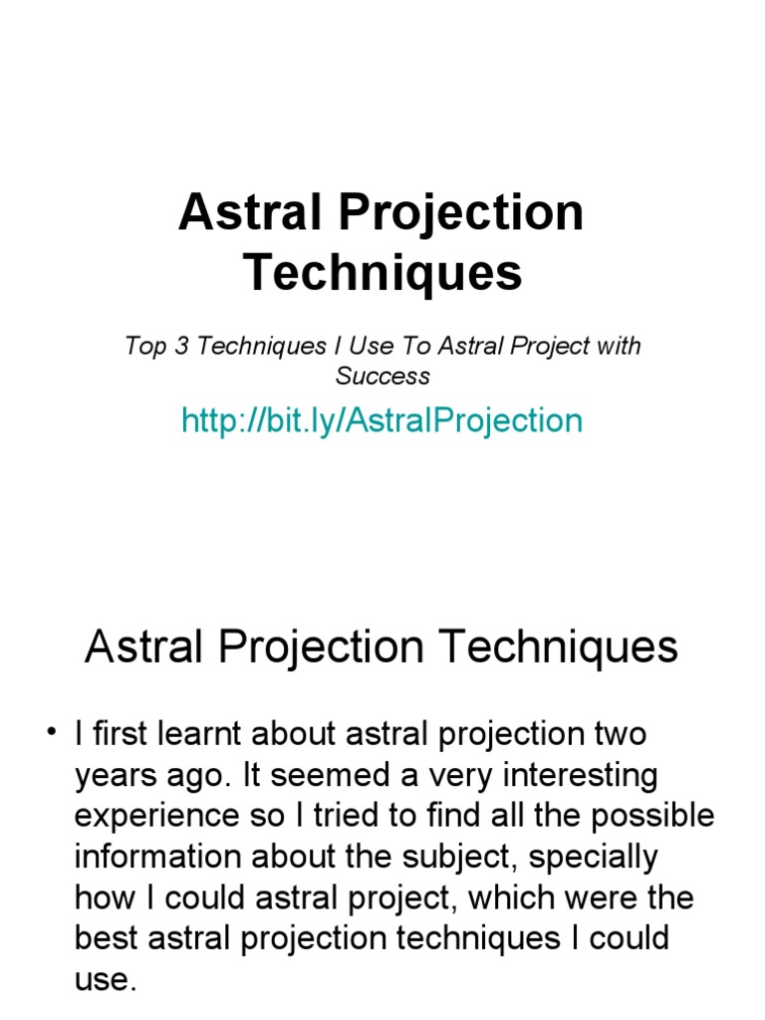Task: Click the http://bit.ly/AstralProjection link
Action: tap(382, 420)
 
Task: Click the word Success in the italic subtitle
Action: tap(382, 377)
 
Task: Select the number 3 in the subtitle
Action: tap(180, 347)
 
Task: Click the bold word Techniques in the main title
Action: tap(382, 271)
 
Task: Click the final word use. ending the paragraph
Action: tap(105, 980)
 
